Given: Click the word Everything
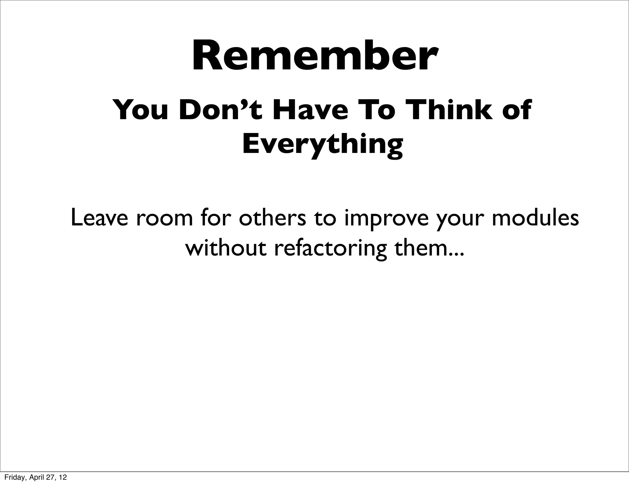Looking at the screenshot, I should pos(322,144).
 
